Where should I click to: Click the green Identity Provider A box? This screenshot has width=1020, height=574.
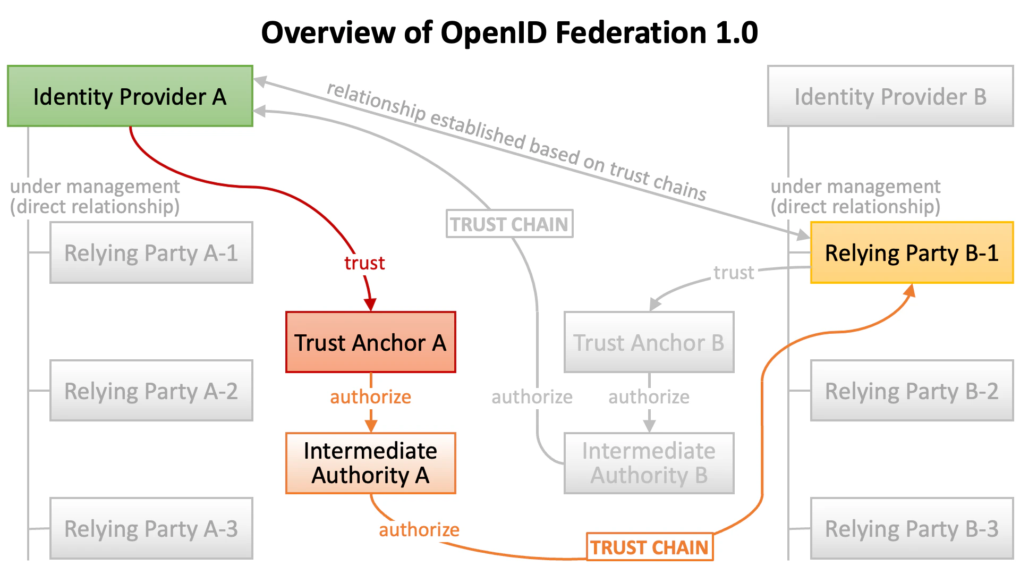point(130,96)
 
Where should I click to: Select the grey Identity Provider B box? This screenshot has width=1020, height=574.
point(890,96)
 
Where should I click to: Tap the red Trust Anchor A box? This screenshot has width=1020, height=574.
point(370,342)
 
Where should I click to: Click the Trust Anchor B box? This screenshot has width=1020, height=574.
point(649,342)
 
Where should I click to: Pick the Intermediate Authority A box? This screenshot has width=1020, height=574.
point(370,463)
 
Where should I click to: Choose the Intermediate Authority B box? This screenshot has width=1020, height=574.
point(649,463)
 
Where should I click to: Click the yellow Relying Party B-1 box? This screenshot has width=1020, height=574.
point(912,252)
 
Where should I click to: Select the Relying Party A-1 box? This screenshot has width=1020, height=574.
point(151,252)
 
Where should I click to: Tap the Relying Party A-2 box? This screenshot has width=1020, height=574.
point(151,391)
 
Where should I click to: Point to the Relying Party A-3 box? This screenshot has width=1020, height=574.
point(151,528)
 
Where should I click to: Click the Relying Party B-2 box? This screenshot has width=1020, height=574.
point(912,391)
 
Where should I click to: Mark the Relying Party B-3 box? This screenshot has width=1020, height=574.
point(912,528)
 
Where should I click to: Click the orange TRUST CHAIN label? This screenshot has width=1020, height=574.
point(649,547)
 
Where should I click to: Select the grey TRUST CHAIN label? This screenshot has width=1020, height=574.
point(509,224)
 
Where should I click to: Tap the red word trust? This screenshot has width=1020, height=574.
point(364,263)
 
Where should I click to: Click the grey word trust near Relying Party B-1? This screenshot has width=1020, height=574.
point(734,272)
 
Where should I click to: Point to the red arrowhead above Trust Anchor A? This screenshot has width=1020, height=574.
point(370,305)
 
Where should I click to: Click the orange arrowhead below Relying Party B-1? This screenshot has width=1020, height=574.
point(910,290)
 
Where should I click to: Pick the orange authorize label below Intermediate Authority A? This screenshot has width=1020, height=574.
point(419,529)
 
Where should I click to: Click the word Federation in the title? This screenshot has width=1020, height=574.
point(631,33)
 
